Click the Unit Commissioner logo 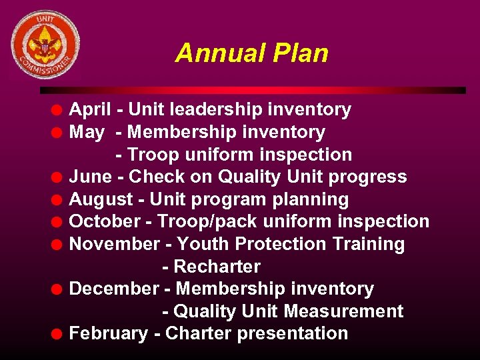click(45, 45)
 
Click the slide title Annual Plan click(251, 53)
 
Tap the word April click(90, 110)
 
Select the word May click(87, 133)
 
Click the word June click(91, 177)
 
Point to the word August click(101, 199)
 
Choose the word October click(105, 222)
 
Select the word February click(108, 333)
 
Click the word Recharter click(217, 267)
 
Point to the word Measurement click(343, 311)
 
